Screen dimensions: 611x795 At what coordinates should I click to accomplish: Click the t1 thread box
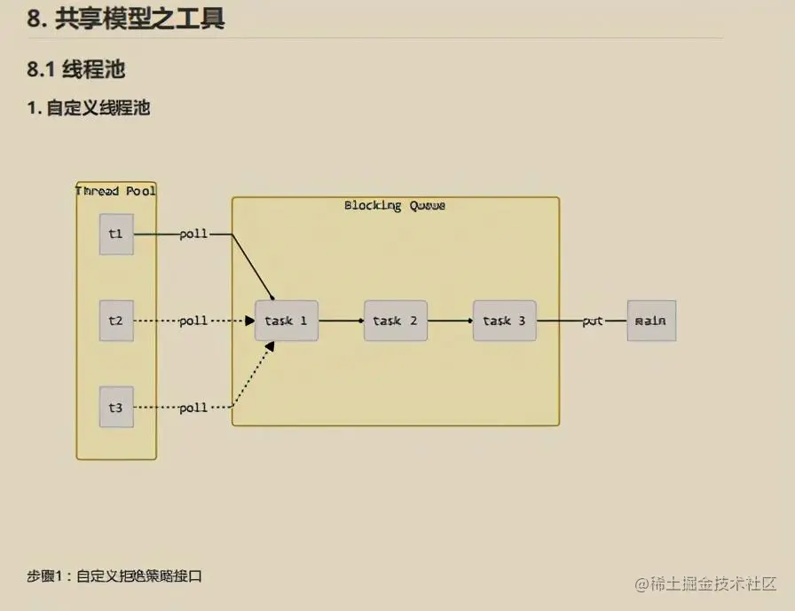pyautogui.click(x=116, y=234)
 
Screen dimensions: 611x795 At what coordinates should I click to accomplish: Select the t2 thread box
pyautogui.click(x=116, y=321)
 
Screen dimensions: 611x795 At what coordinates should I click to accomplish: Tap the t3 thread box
pyautogui.click(x=116, y=408)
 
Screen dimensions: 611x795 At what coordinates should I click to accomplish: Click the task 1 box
pyautogui.click(x=286, y=321)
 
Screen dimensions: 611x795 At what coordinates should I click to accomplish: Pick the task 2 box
pyautogui.click(x=395, y=321)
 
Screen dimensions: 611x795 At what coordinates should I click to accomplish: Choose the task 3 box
pyautogui.click(x=504, y=321)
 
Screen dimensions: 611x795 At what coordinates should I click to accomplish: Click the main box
pyautogui.click(x=651, y=321)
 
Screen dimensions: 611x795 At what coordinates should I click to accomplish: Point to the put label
pyautogui.click(x=593, y=321)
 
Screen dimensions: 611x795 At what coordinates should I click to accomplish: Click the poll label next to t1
pyautogui.click(x=193, y=234)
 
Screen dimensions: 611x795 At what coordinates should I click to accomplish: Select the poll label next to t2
pyautogui.click(x=193, y=321)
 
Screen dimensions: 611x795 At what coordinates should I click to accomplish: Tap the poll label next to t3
pyautogui.click(x=193, y=408)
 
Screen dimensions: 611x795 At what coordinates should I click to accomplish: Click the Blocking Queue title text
pyautogui.click(x=395, y=206)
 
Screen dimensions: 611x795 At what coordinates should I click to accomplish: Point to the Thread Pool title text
pyautogui.click(x=116, y=191)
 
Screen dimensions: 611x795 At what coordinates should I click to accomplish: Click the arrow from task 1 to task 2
pyautogui.click(x=341, y=321)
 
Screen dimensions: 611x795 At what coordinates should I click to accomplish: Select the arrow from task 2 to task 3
pyautogui.click(x=450, y=321)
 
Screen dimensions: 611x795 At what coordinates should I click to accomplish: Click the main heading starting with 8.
pyautogui.click(x=125, y=19)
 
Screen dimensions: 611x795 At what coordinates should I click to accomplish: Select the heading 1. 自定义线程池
pyautogui.click(x=88, y=108)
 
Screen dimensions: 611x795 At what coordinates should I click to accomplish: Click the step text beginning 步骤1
pyautogui.click(x=114, y=576)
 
